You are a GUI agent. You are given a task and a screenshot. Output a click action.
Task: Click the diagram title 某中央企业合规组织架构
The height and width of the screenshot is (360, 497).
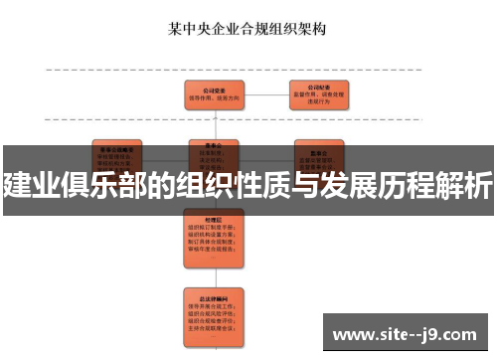(248, 29)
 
